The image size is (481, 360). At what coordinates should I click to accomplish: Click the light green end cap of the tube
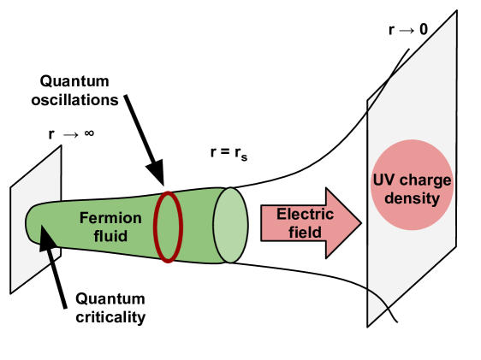pos(230,226)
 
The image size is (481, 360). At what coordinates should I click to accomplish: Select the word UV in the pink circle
pos(383,182)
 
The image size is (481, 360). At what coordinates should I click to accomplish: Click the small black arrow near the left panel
pos(46,243)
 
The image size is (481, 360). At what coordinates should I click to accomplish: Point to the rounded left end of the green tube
pos(31,221)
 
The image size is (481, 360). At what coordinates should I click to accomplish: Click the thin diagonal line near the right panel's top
pos(382,89)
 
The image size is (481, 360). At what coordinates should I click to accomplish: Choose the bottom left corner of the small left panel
pos(12,292)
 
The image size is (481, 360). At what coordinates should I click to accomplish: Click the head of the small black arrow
pos(43,233)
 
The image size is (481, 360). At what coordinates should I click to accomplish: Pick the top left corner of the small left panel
pos(12,184)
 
